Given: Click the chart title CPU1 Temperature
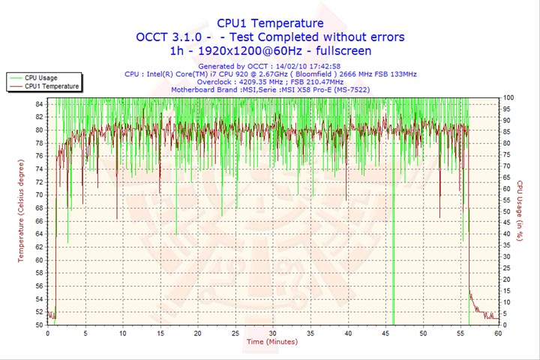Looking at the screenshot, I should pos(270,23).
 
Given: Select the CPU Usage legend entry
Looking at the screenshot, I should pos(40,77).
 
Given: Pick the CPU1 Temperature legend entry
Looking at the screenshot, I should pos(49,86).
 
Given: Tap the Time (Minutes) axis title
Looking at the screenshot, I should pos(271,341).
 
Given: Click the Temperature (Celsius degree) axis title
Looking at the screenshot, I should pos(21,210).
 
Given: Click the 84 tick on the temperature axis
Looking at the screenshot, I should pos(39,103).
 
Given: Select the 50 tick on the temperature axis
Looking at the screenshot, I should pos(39,325).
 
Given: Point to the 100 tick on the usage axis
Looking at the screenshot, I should pos(508,97).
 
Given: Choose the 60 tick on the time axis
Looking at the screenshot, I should pos(498,332).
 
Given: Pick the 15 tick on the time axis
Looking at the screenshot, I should pos(160,332).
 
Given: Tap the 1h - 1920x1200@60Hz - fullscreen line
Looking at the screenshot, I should pos(270,50).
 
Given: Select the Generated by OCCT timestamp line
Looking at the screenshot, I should pos(270,66).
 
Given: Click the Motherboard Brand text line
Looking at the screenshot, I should pos(270,91).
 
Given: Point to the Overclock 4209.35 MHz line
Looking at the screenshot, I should pos(270,82).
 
